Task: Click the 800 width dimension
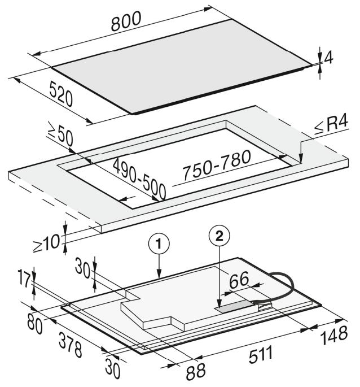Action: [126, 21]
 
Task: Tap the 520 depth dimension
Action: [62, 94]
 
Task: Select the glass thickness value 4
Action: [328, 58]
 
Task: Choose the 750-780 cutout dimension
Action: [217, 164]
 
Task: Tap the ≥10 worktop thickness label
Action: [46, 243]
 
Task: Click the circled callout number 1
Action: [159, 244]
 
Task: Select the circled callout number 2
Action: [219, 236]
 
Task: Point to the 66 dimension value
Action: [239, 280]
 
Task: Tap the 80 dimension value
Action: [35, 324]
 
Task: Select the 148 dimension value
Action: [334, 336]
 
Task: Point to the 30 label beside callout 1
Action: [83, 268]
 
